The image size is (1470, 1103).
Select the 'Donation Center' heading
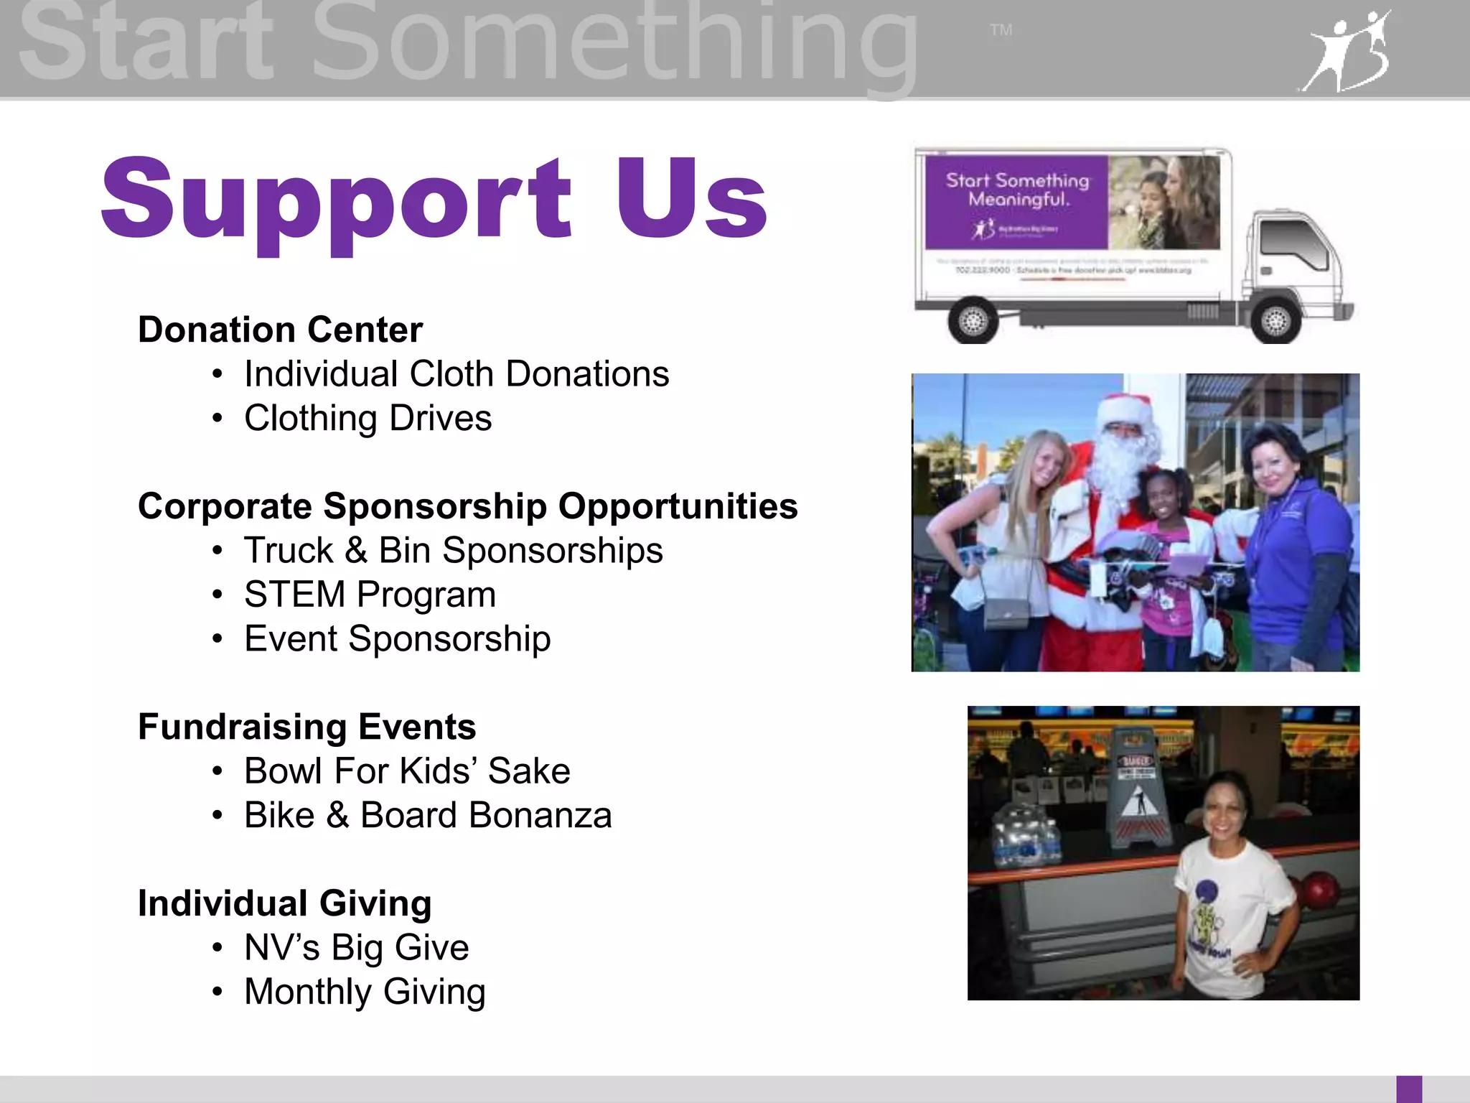click(280, 330)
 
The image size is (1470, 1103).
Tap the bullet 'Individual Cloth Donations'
click(457, 374)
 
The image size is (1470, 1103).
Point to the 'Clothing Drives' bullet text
click(367, 419)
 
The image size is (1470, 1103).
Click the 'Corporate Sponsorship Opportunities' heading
click(467, 506)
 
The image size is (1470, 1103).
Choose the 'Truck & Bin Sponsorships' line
click(453, 551)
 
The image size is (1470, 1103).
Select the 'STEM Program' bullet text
click(370, 595)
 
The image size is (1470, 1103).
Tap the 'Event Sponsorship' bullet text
click(397, 639)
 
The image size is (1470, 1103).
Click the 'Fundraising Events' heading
click(306, 727)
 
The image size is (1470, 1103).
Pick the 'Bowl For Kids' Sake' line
click(407, 771)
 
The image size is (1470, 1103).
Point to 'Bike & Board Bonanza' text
click(428, 816)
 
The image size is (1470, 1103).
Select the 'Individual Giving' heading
click(284, 903)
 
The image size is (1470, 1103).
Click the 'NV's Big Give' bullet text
click(356, 948)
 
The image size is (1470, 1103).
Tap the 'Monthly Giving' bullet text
click(365, 992)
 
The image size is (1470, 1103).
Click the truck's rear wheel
click(973, 320)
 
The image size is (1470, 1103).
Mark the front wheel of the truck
click(1275, 320)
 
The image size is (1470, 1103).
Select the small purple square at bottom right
click(1409, 1089)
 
